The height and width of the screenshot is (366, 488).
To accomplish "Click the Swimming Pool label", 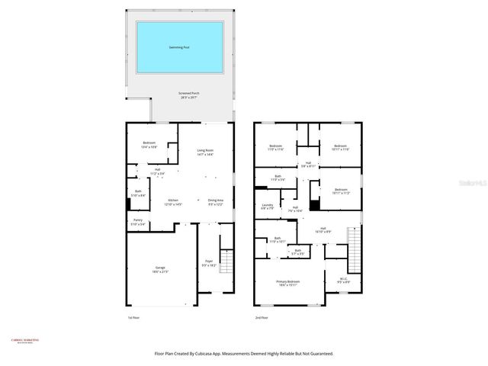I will pyautogui.click(x=180, y=47).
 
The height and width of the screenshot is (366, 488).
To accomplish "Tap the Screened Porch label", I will pyautogui.click(x=180, y=94).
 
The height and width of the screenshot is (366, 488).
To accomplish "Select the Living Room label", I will pyautogui.click(x=205, y=151).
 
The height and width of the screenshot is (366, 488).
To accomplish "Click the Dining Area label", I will pyautogui.click(x=216, y=201).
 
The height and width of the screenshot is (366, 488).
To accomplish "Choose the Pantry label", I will pyautogui.click(x=137, y=221).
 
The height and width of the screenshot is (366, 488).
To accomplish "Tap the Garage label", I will pyautogui.click(x=160, y=268).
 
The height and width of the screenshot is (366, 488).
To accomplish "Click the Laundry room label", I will pyautogui.click(x=268, y=205).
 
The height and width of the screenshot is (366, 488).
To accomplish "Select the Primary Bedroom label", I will pyautogui.click(x=288, y=282).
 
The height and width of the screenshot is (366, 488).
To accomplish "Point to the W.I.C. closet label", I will pyautogui.click(x=333, y=279).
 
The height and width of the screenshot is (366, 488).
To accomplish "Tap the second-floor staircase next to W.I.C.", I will pyautogui.click(x=353, y=246).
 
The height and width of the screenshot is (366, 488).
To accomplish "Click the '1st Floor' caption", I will pyautogui.click(x=134, y=317).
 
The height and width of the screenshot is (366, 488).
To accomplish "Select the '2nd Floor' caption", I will pyautogui.click(x=262, y=317).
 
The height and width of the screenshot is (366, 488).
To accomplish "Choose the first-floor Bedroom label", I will pyautogui.click(x=149, y=144).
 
